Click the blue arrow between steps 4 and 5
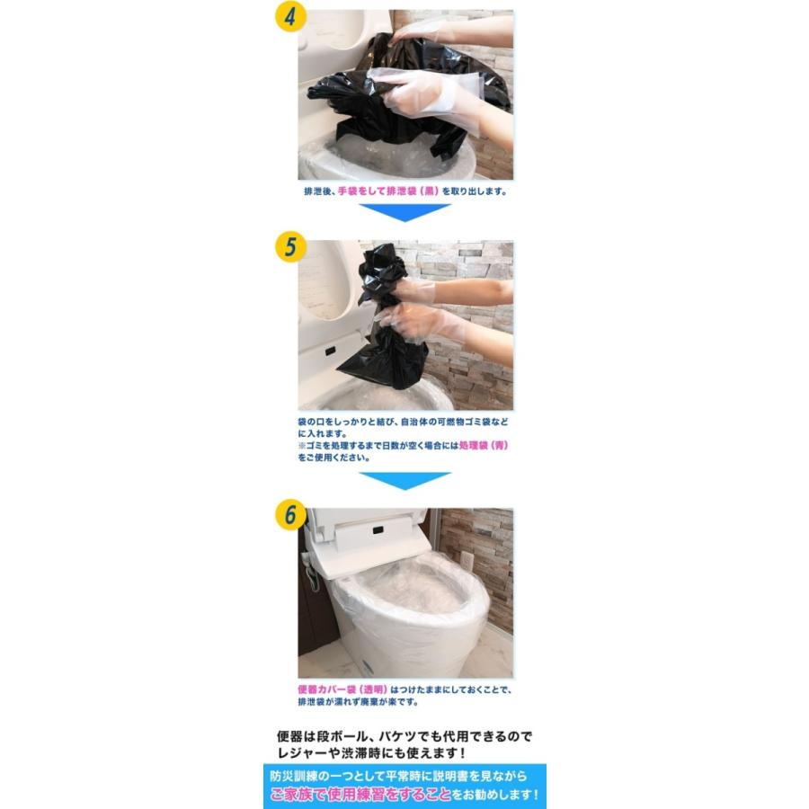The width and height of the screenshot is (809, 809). point(404,212)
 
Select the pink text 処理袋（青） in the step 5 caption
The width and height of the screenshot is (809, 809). point(484,445)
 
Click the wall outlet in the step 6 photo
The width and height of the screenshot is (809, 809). point(467,559)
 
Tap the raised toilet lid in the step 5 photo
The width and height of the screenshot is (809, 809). point(328,288)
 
